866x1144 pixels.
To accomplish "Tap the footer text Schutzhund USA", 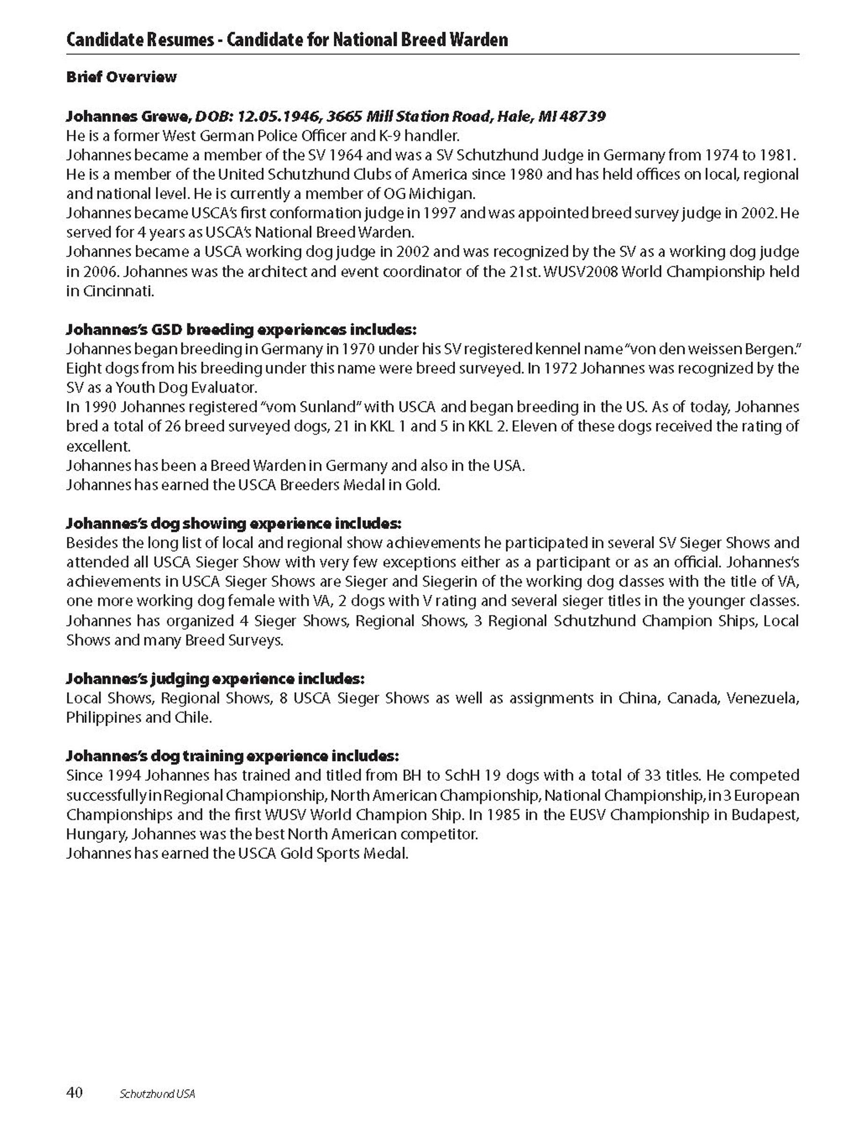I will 157,1094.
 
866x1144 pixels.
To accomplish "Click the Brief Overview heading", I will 122,77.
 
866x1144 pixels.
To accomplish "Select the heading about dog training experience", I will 233,756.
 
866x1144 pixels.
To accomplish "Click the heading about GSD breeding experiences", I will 242,330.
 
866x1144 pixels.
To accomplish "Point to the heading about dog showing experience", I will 234,524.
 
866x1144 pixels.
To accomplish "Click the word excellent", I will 98,446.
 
